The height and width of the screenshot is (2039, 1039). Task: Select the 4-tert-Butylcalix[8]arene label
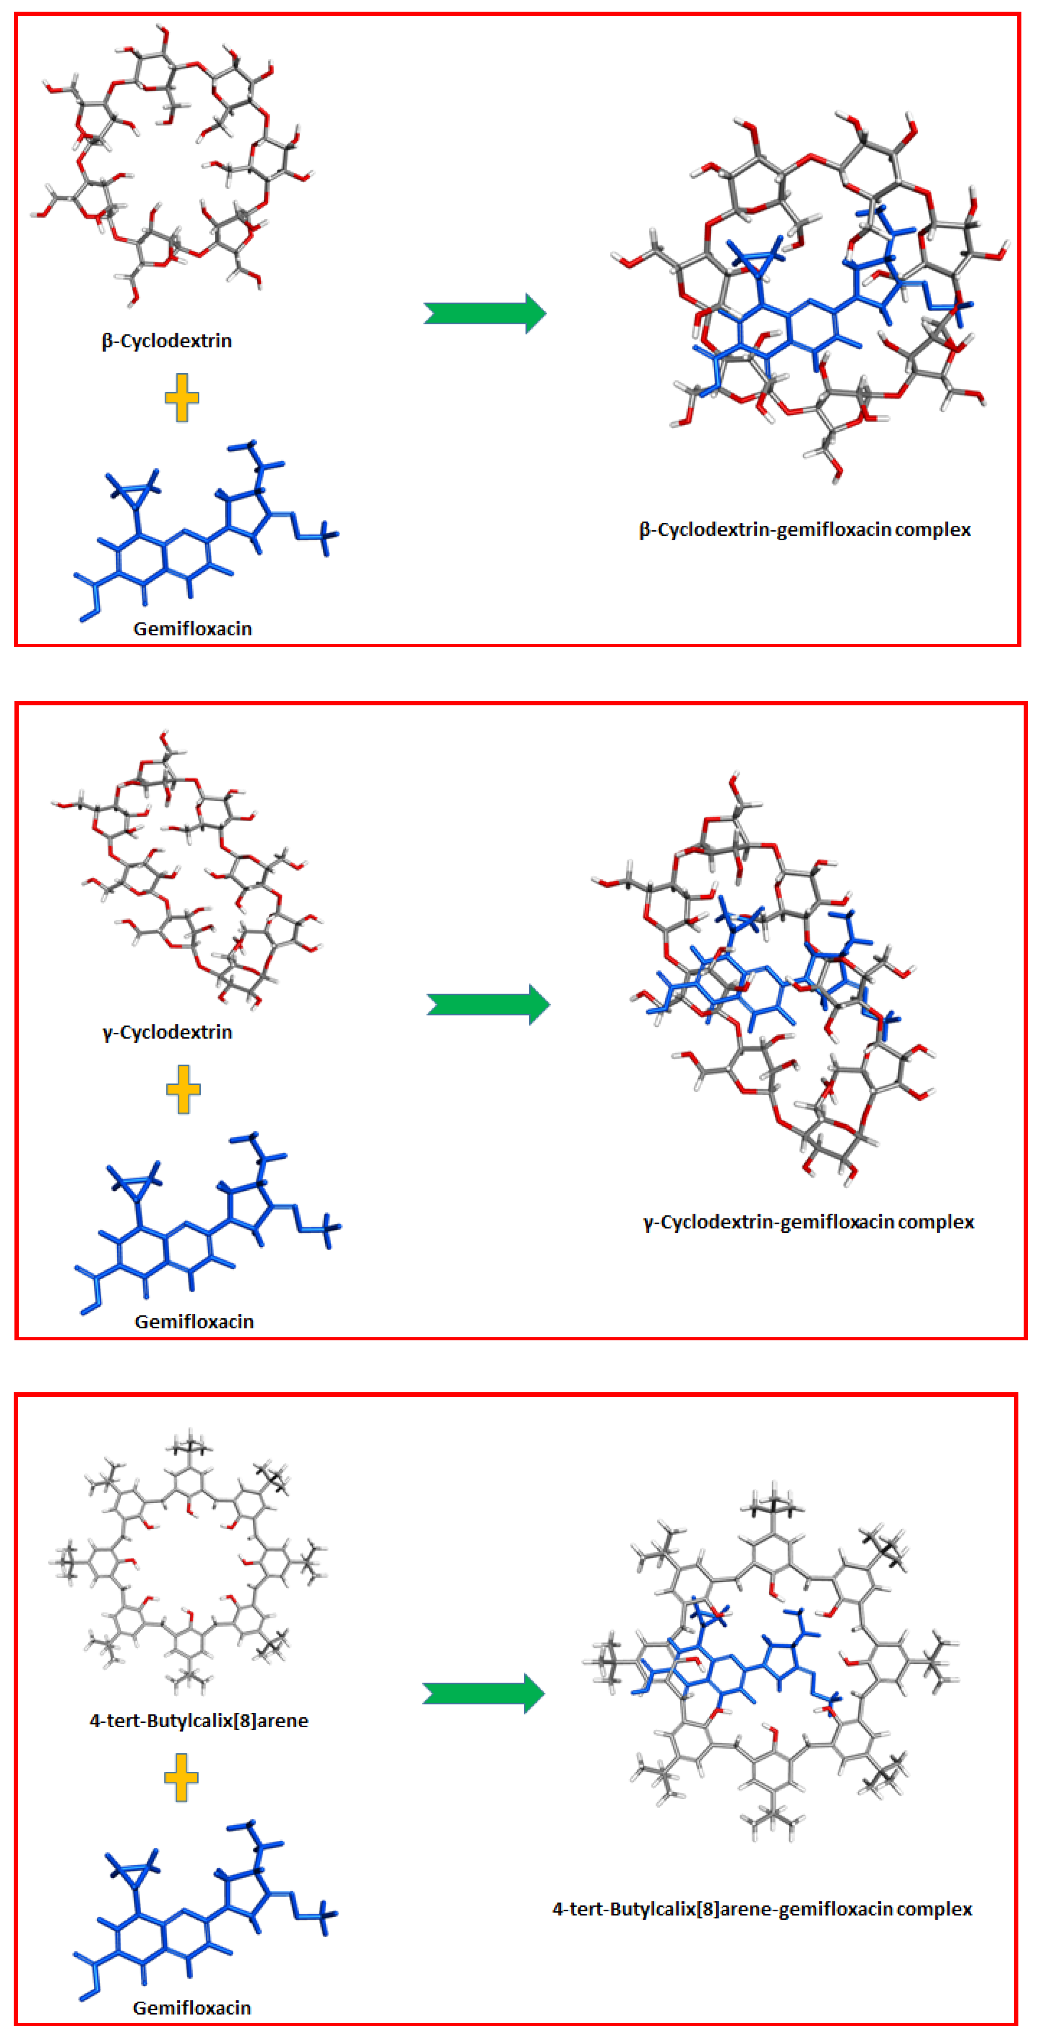click(199, 1721)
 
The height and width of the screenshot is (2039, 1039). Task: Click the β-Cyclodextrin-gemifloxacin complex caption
click(805, 529)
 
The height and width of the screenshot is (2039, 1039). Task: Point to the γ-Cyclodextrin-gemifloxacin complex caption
click(808, 1222)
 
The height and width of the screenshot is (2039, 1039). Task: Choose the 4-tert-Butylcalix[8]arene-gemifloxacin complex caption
click(762, 1909)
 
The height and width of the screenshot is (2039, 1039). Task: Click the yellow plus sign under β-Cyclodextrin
click(182, 397)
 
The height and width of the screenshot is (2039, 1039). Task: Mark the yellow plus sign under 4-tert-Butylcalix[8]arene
click(181, 1778)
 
